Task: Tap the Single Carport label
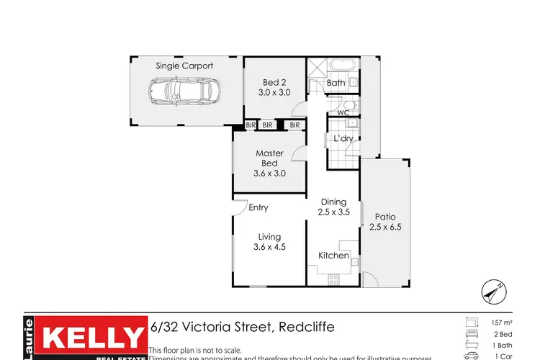click(184, 66)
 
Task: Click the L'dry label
click(342, 139)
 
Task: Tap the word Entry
click(258, 208)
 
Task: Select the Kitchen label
click(333, 256)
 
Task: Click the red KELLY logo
click(91, 338)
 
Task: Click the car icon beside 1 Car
click(470, 355)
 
